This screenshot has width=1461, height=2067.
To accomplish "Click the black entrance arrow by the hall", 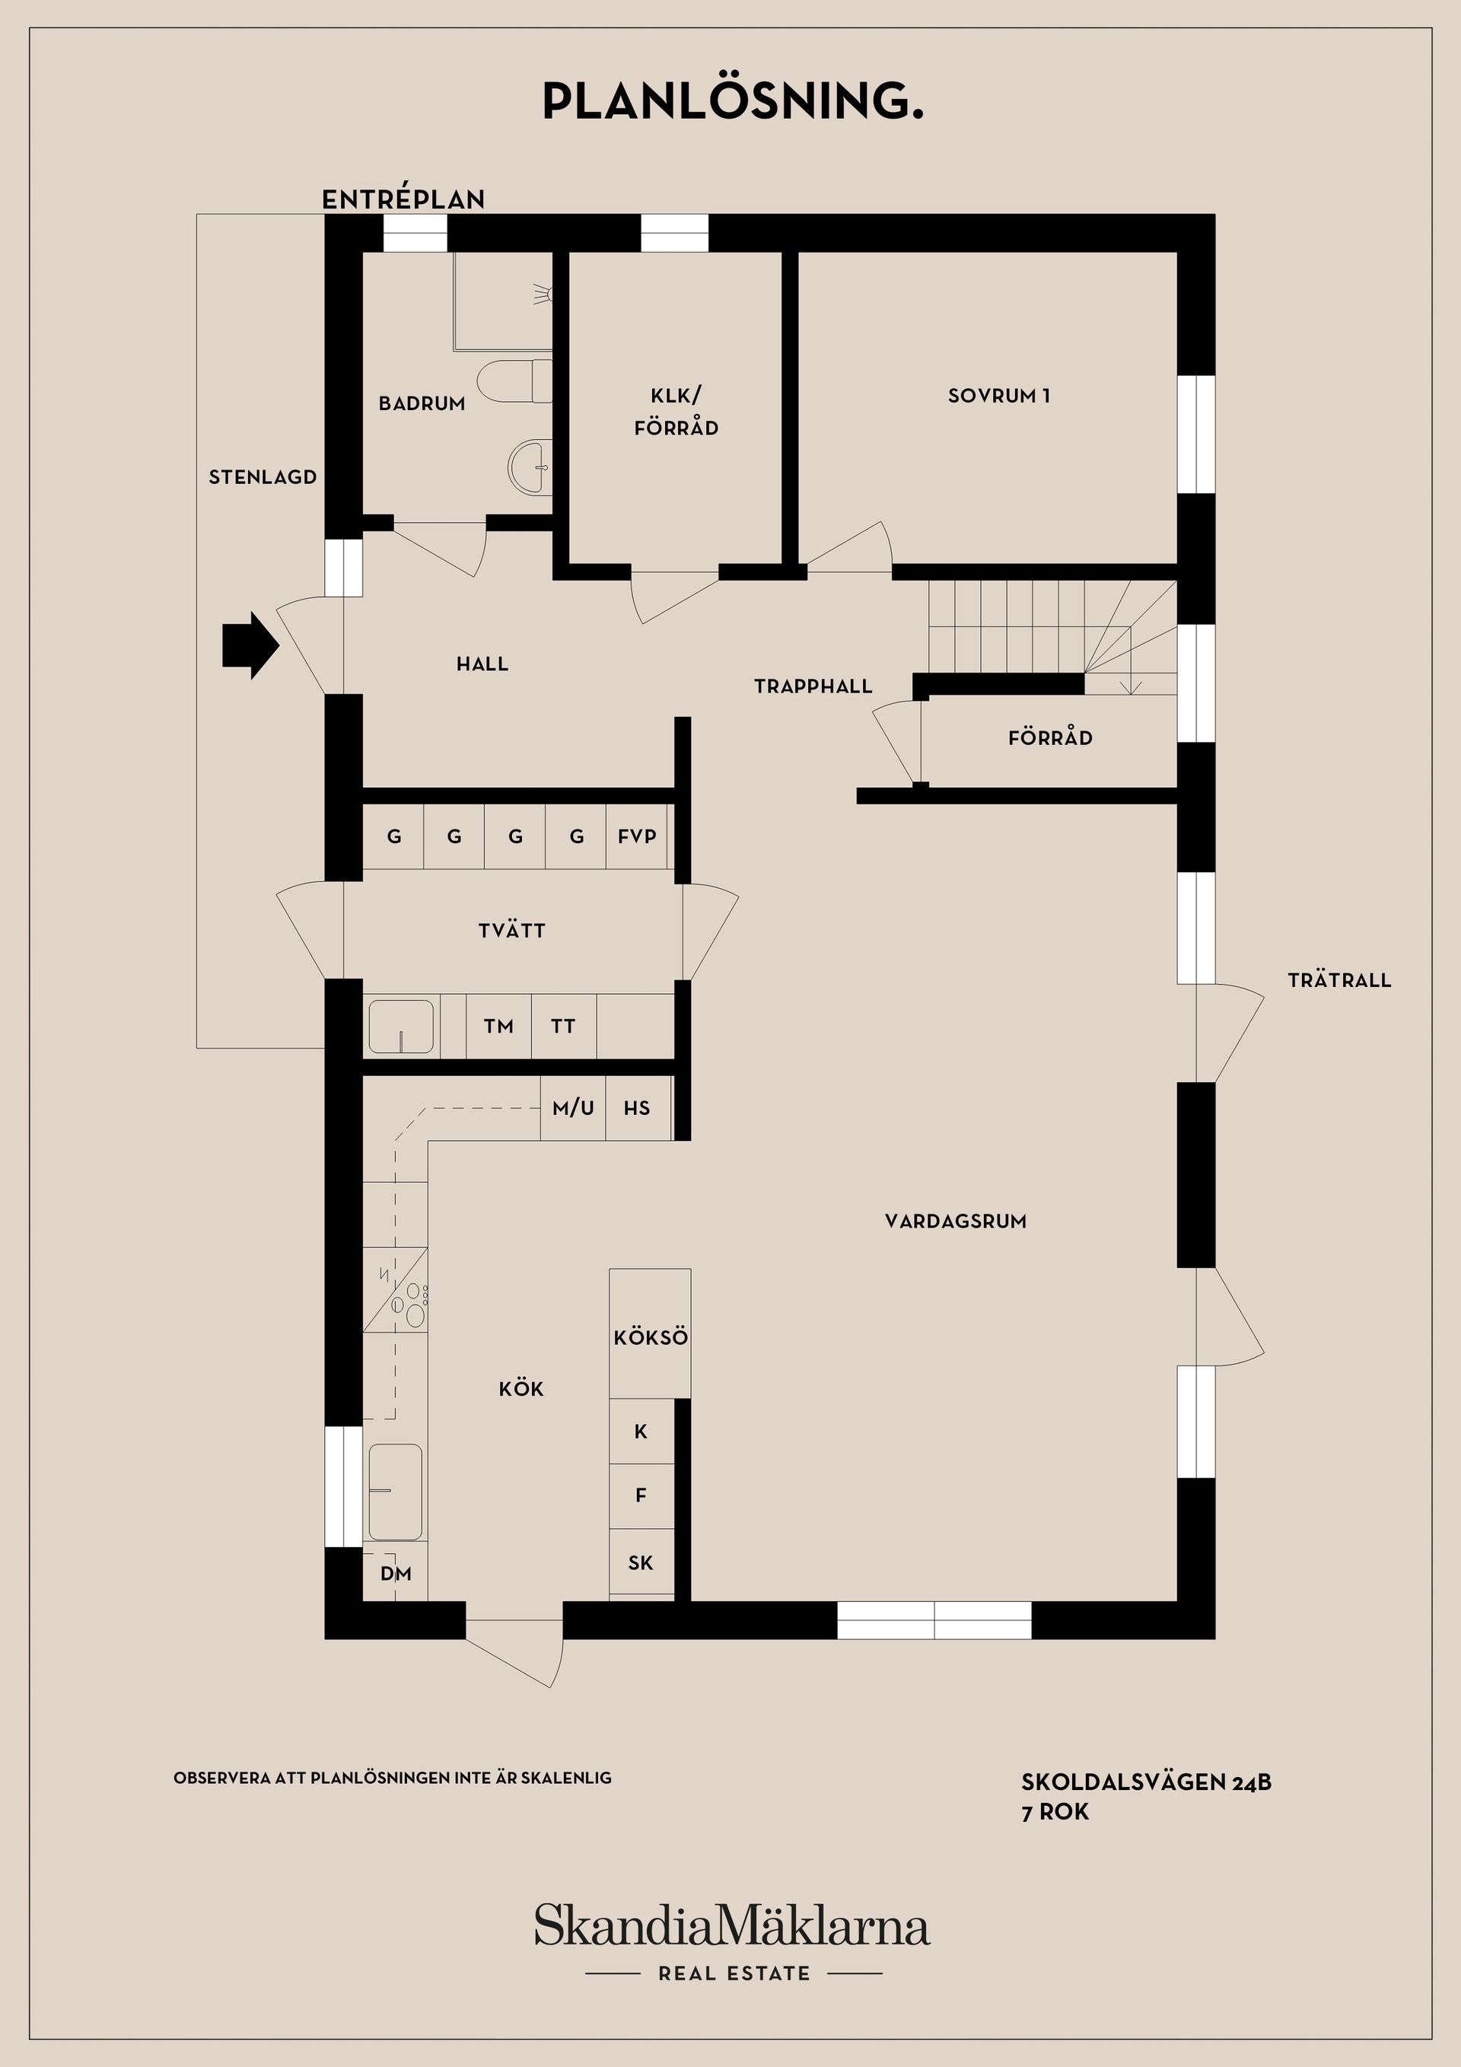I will point(250,645).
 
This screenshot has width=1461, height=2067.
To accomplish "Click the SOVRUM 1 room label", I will point(998,395).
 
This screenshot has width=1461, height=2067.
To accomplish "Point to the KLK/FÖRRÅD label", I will point(676,412).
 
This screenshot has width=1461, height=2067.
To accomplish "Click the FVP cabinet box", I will point(638,836).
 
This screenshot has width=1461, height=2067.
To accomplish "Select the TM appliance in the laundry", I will point(498,1027).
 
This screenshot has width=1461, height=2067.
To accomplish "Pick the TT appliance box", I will point(564,1027).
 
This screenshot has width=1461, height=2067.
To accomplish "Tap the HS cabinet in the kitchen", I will point(638,1108).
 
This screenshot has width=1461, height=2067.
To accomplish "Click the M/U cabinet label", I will point(574,1108).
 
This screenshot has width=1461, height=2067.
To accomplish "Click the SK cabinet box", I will point(641,1563).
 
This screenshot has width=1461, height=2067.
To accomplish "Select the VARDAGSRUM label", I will point(955,1221).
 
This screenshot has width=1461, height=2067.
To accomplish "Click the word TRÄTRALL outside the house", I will point(1338,980).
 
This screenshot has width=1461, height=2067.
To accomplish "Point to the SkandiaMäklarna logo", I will point(732,1926).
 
